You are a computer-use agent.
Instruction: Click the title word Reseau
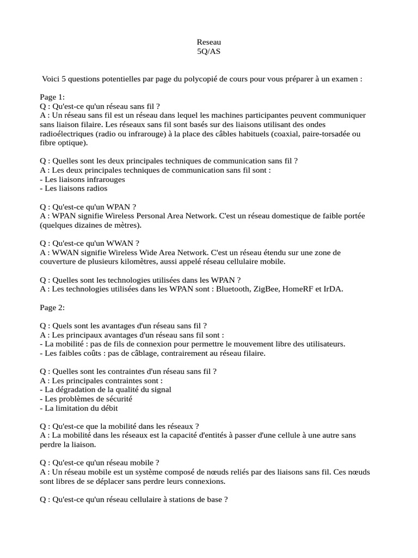(x=209, y=42)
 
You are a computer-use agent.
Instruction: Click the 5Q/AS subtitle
(x=209, y=51)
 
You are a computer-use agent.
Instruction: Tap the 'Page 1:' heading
(x=52, y=97)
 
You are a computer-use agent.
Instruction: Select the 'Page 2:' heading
(x=52, y=307)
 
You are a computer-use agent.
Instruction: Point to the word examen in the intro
(x=343, y=79)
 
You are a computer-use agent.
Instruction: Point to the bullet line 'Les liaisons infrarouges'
(x=83, y=179)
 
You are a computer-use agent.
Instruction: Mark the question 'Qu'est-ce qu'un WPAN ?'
(x=88, y=207)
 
